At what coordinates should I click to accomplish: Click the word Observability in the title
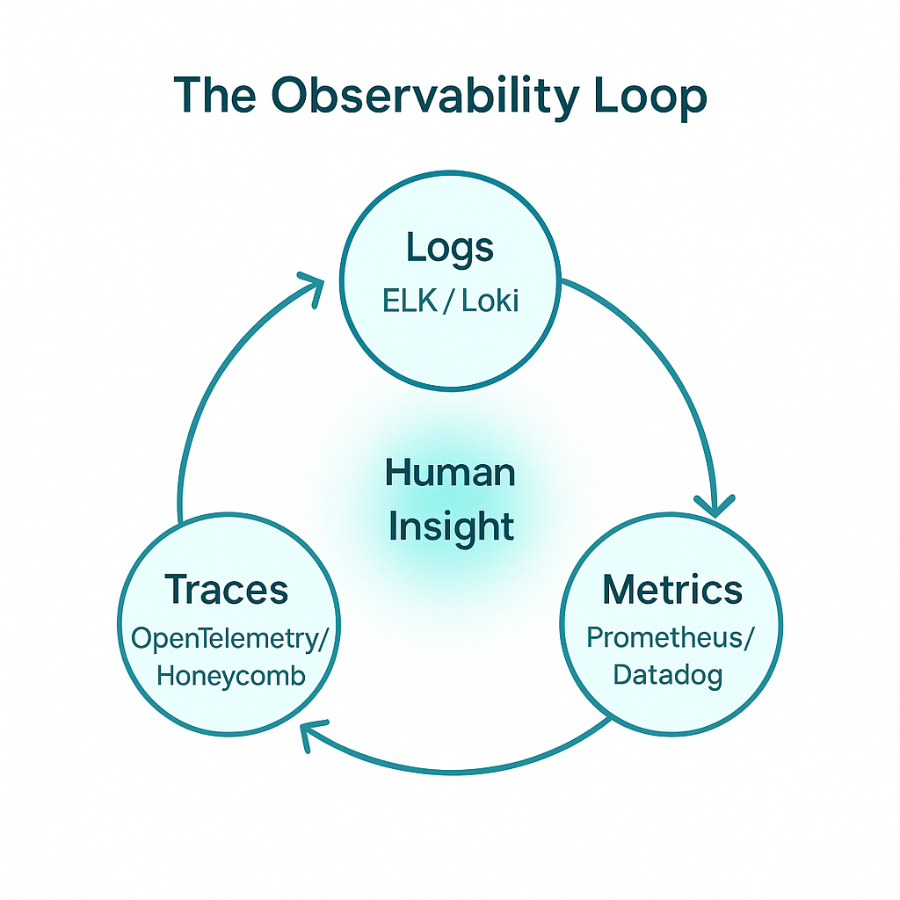(425, 97)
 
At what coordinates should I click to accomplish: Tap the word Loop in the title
(650, 97)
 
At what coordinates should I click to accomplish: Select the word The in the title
(214, 95)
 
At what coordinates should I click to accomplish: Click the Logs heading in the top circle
(450, 249)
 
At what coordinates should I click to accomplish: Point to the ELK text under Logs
(410, 301)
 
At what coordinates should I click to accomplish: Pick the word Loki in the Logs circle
(490, 301)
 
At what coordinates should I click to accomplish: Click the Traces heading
(226, 590)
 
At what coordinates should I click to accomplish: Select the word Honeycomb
(231, 676)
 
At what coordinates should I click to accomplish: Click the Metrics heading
(672, 590)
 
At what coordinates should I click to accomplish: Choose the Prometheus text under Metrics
(664, 638)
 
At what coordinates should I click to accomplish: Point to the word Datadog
(668, 676)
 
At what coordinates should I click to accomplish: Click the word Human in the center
(450, 473)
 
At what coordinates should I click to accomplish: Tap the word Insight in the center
(451, 527)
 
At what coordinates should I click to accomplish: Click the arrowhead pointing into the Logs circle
(313, 288)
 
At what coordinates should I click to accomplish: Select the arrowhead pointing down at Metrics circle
(715, 505)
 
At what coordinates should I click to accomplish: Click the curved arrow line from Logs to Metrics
(669, 367)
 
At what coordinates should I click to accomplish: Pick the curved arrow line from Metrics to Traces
(454, 772)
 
